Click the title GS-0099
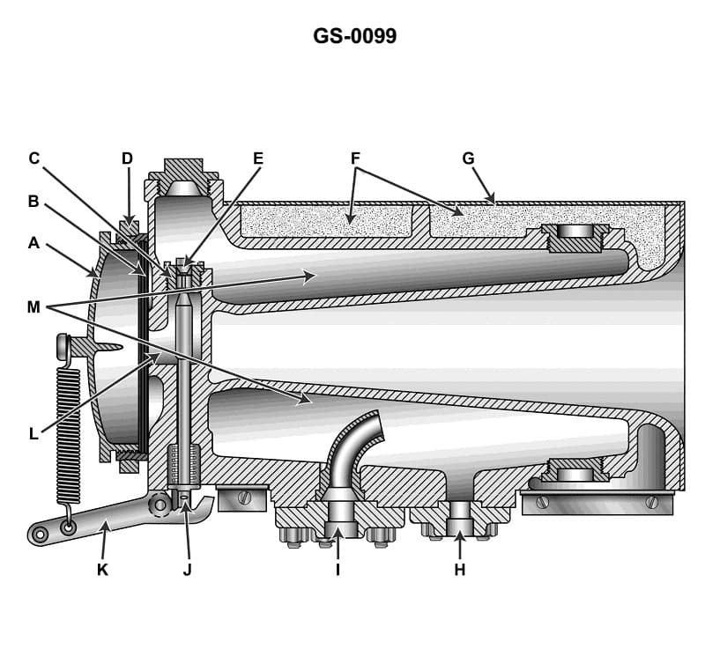(354, 36)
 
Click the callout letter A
(33, 243)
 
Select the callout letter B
(33, 201)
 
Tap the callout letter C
(33, 159)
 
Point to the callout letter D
(127, 159)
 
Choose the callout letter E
(258, 159)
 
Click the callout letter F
(355, 159)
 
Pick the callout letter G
(468, 159)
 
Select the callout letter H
(459, 570)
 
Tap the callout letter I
(338, 570)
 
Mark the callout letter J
(187, 570)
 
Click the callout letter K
(102, 570)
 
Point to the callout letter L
(33, 433)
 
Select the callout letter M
(33, 306)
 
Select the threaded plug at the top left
(182, 176)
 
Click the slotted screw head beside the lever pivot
(245, 498)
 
